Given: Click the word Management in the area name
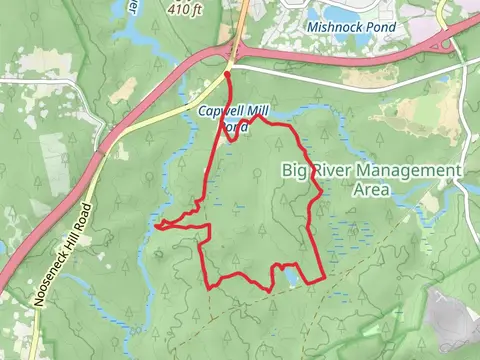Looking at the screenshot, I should coord(401,171).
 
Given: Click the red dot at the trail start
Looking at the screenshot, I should coord(227,74).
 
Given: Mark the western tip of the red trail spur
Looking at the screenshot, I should coord(157,225).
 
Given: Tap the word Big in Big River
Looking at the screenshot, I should coord(295,170).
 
